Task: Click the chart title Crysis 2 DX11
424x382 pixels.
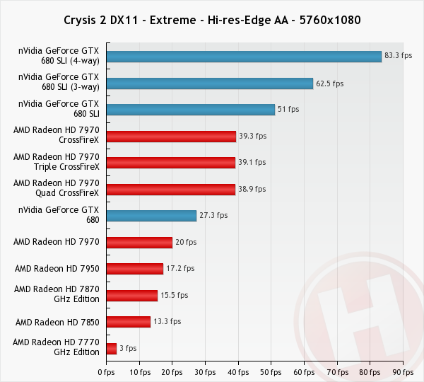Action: (212, 20)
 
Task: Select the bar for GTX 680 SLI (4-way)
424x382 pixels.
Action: (244, 57)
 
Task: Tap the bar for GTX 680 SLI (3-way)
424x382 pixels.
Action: (209, 83)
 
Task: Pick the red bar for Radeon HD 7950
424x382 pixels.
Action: (135, 269)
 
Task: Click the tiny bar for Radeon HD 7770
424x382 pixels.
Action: (112, 348)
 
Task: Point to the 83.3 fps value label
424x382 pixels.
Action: (398, 57)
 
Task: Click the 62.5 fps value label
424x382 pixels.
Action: (329, 83)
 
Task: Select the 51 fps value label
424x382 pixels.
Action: (288, 110)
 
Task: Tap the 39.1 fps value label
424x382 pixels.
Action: (252, 163)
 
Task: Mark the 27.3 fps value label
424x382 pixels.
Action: (213, 216)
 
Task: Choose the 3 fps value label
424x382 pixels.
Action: (128, 348)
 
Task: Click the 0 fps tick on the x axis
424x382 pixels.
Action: (106, 371)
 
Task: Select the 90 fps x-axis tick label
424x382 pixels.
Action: (403, 371)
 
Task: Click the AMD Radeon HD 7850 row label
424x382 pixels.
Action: (57, 322)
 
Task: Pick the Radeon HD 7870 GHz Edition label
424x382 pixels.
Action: (57, 295)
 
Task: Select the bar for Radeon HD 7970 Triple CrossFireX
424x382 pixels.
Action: (170, 163)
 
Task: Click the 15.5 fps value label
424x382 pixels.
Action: (174, 295)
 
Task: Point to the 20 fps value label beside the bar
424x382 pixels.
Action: (185, 243)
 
